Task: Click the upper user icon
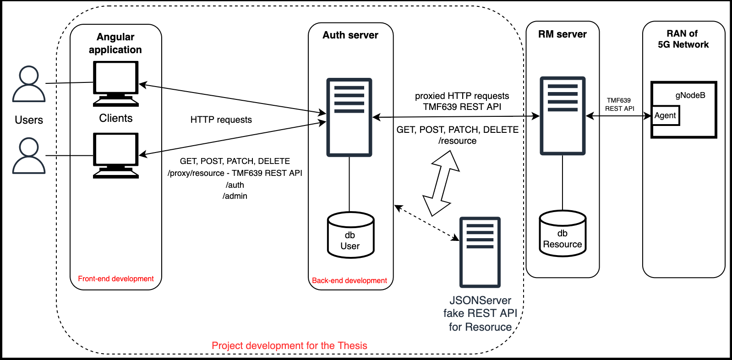click(x=29, y=84)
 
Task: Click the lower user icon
click(x=29, y=156)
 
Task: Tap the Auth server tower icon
click(x=349, y=117)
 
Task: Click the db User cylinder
click(x=350, y=235)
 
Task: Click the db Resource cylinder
click(x=563, y=234)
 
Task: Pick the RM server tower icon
click(x=563, y=116)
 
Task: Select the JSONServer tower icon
click(x=480, y=252)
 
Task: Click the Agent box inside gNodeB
click(x=665, y=115)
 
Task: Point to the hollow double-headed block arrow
click(x=441, y=183)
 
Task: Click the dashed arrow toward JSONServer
click(x=426, y=222)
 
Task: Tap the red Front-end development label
click(x=116, y=278)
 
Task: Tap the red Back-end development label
click(x=350, y=280)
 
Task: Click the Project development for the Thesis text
click(x=290, y=345)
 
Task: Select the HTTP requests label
click(x=221, y=120)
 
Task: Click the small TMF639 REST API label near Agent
click(x=619, y=104)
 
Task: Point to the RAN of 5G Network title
click(x=683, y=39)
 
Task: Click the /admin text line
click(x=235, y=196)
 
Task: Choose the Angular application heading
click(x=115, y=43)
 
